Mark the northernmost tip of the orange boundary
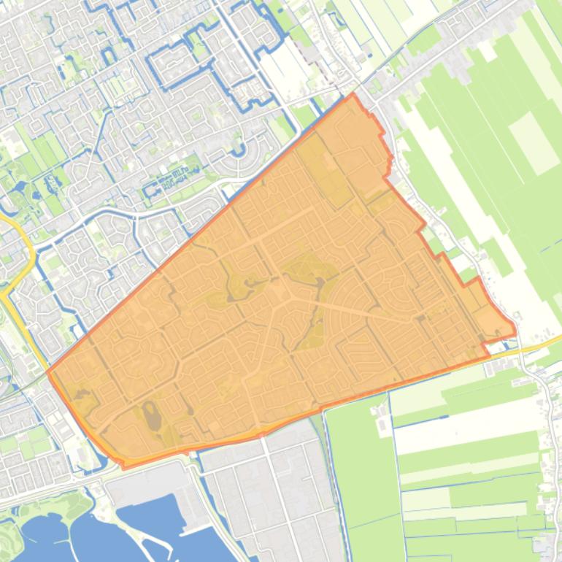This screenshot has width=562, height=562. point(353,94)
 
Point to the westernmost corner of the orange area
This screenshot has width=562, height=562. point(48,372)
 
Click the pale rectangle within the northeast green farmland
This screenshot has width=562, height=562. point(533,142)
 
